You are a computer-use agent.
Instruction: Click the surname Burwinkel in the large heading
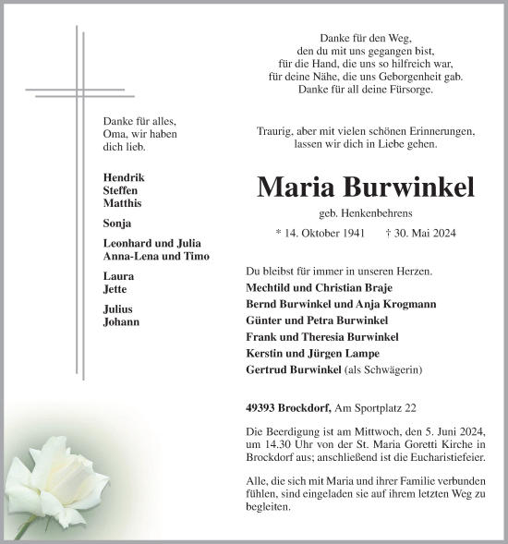410,187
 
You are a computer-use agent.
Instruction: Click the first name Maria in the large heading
297,187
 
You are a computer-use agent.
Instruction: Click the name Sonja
117,223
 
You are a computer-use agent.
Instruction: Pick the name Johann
122,322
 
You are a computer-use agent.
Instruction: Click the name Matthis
122,202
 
